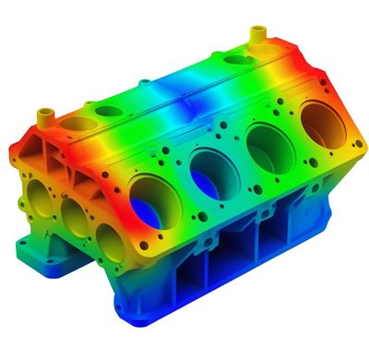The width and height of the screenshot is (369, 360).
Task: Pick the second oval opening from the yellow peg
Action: tap(109, 112)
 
